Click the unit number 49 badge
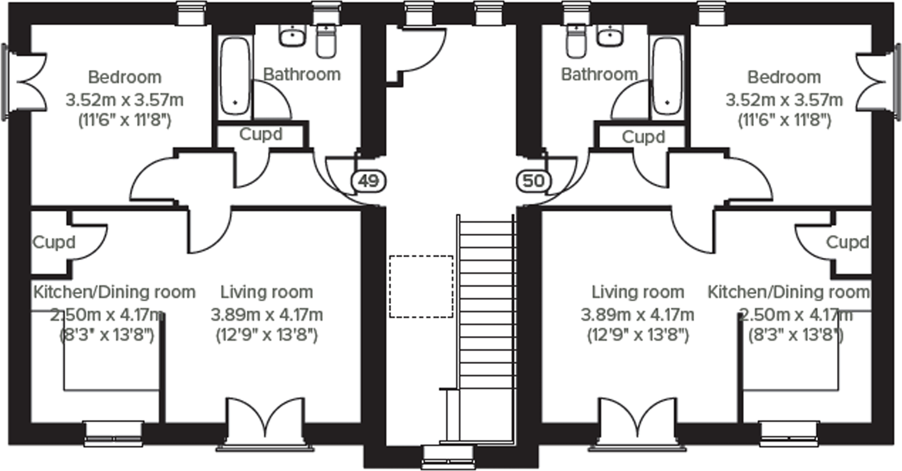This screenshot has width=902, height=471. tap(369, 181)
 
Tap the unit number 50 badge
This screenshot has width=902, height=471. tap(534, 181)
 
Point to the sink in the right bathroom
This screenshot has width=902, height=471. tap(610, 36)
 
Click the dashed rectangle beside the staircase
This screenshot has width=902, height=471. tap(421, 286)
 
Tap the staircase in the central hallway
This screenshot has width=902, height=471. tap(486, 315)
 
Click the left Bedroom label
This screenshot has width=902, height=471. tap(124, 77)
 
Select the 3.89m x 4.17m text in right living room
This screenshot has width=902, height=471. tap(637, 315)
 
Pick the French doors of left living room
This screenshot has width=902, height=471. tap(265, 423)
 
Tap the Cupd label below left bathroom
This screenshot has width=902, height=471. tap(261, 134)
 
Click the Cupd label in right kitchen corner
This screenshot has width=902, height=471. tap(847, 242)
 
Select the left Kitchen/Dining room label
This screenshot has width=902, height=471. tap(114, 292)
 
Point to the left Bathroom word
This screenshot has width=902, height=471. tap(301, 75)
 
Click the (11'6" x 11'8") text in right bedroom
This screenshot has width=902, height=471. tap(784, 121)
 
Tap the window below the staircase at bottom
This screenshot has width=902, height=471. tap(447, 456)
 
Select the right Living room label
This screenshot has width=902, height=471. tap(637, 292)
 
